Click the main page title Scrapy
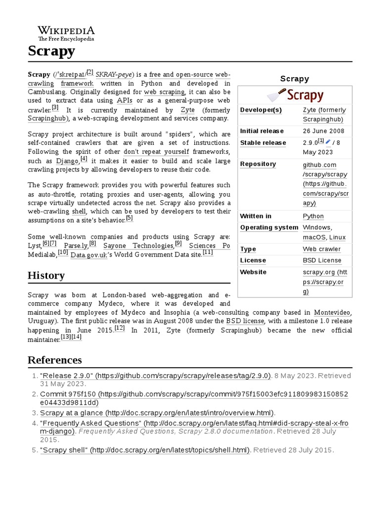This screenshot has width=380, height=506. pyautogui.click(x=51, y=50)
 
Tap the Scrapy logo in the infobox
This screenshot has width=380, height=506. pyautogui.click(x=294, y=95)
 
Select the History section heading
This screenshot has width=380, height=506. pyautogui.click(x=46, y=275)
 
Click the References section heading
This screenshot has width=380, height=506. pyautogui.click(x=54, y=359)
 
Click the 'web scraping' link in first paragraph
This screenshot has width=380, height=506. pyautogui.click(x=164, y=92)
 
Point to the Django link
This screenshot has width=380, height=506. pyautogui.click(x=67, y=161)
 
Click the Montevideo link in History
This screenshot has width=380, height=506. pyautogui.click(x=332, y=312)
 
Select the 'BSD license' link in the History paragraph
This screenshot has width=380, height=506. pyautogui.click(x=245, y=321)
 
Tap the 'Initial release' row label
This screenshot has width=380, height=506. pyautogui.click(x=262, y=131)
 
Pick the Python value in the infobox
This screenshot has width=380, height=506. pyautogui.click(x=313, y=216)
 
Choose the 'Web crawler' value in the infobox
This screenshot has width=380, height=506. pyautogui.click(x=322, y=249)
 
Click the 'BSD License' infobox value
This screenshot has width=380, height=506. pyautogui.click(x=322, y=260)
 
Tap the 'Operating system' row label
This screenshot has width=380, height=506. pyautogui.click(x=269, y=227)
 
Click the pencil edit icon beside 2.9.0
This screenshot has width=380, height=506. pyautogui.click(x=328, y=142)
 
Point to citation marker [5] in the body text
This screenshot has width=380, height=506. pyautogui.click(x=129, y=218)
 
